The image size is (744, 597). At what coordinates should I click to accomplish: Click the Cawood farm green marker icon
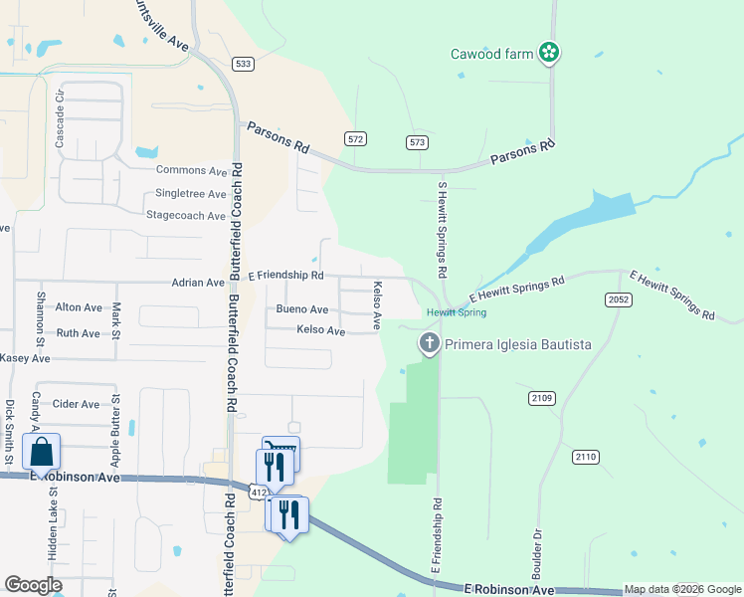click(547, 52)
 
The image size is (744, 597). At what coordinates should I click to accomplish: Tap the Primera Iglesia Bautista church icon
click(430, 345)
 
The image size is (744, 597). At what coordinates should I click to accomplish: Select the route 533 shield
click(243, 64)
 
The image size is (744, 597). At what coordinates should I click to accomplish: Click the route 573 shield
click(417, 143)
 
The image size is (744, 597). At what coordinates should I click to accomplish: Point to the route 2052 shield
click(617, 299)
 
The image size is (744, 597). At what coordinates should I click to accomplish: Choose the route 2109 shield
click(541, 398)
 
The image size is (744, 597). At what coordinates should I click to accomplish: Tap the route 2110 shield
click(586, 457)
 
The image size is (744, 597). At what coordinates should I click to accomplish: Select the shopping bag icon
click(42, 451)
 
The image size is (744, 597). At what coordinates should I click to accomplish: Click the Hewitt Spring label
click(457, 312)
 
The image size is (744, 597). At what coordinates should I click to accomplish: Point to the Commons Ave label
click(192, 171)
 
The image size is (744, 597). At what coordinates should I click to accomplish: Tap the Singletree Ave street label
click(191, 194)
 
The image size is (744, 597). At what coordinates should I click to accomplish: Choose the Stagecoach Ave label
click(186, 215)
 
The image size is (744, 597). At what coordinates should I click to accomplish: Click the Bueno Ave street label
click(302, 310)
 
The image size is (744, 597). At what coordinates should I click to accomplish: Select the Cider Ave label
click(77, 405)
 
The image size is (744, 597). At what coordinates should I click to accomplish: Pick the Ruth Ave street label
click(79, 334)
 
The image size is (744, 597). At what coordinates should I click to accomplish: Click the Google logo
click(33, 585)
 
